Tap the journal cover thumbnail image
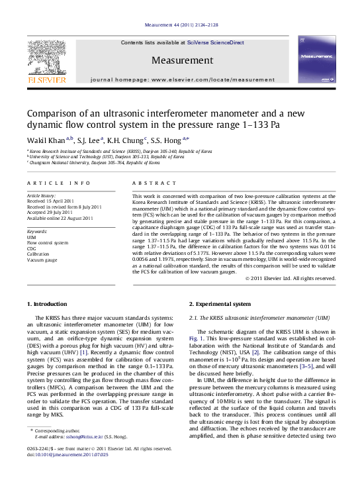point(316,59)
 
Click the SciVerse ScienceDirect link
point(216,42)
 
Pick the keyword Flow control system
point(48,242)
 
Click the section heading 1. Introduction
point(46,304)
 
